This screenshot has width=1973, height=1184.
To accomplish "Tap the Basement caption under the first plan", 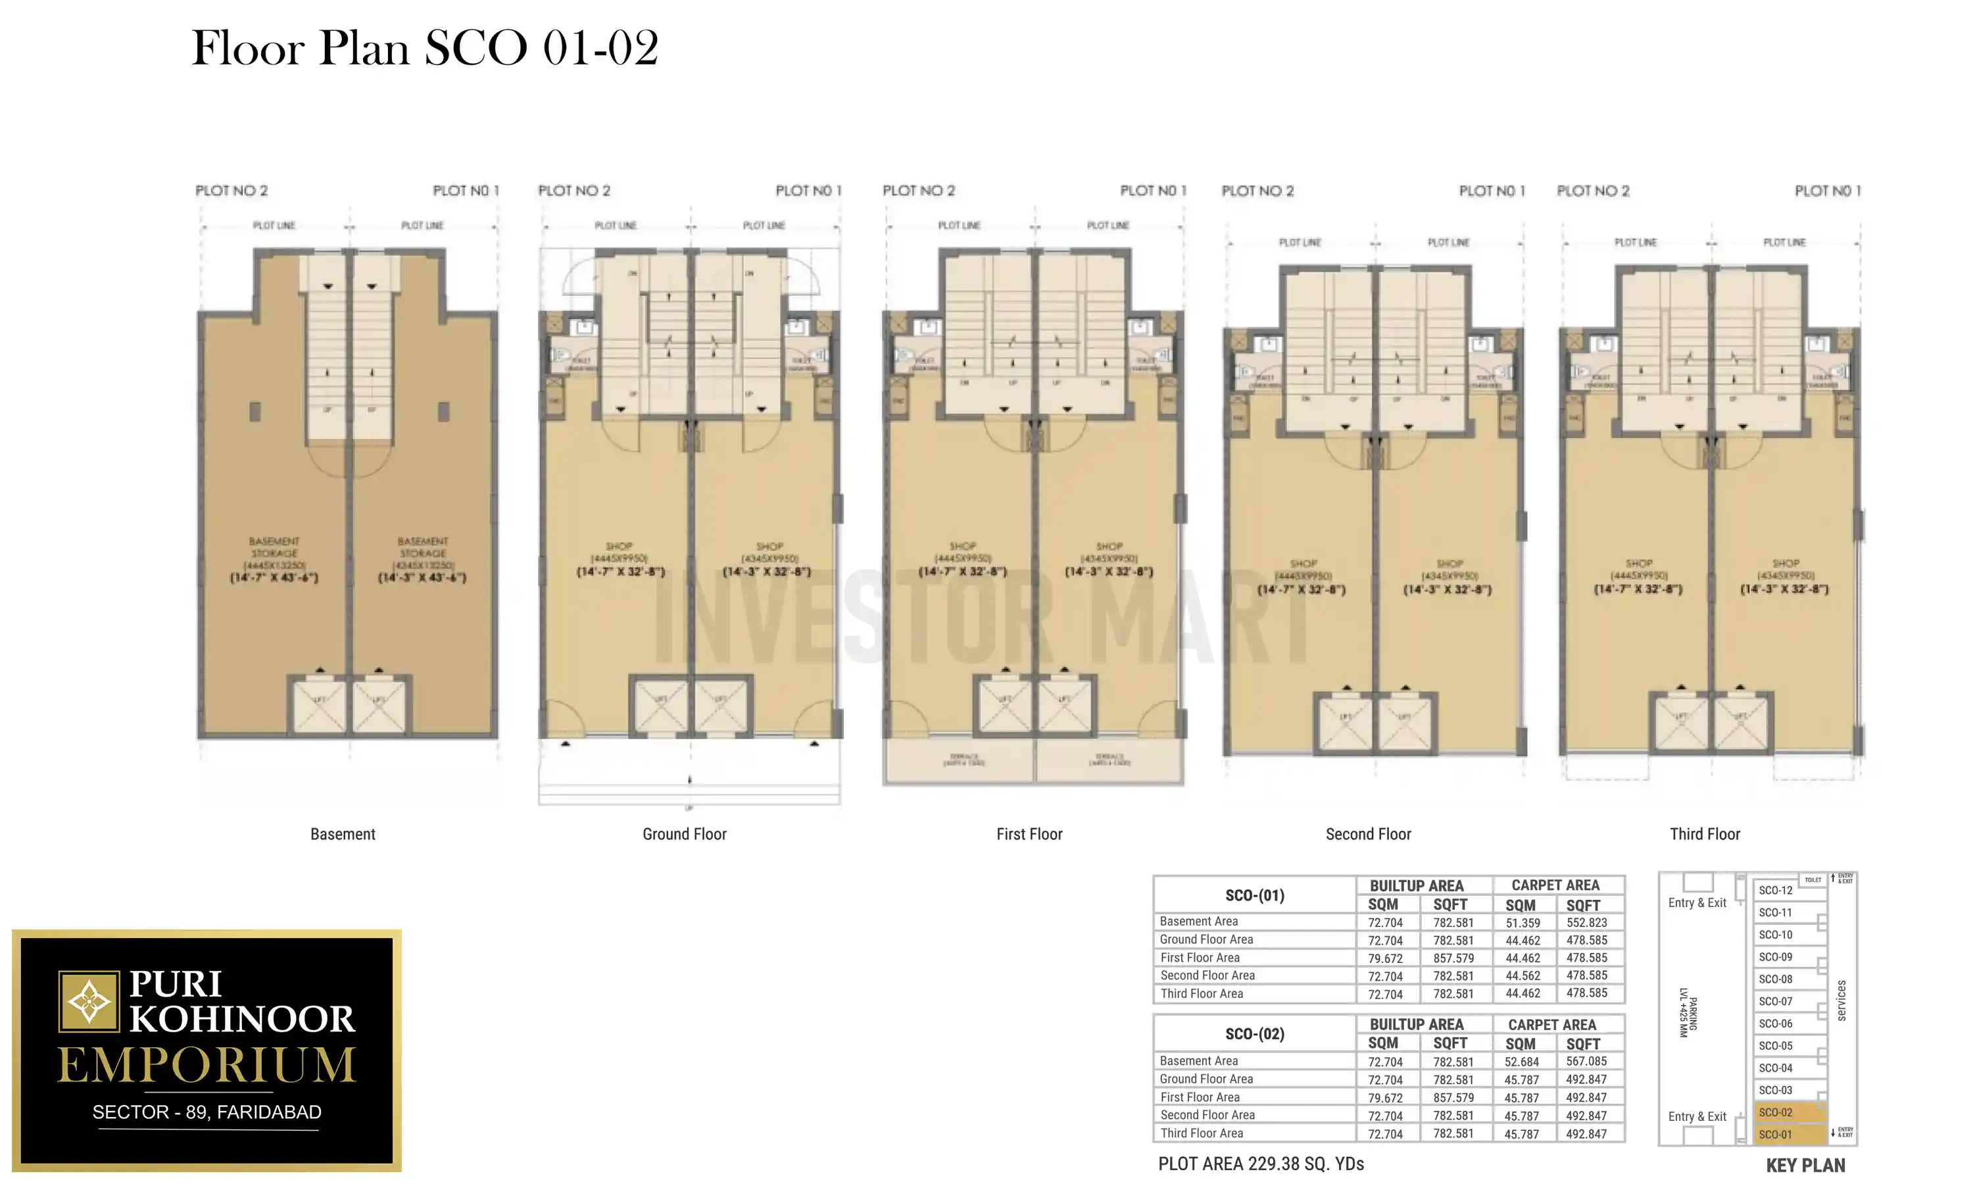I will (x=342, y=834).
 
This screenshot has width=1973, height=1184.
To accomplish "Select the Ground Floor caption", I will (x=684, y=834).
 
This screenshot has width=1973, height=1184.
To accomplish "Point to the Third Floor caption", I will (x=1704, y=834).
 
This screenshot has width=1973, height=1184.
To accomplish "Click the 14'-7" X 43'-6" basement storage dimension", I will (x=274, y=577).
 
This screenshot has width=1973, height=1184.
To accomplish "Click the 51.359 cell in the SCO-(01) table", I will (x=1522, y=922).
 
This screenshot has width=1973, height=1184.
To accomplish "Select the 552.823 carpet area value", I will (x=1586, y=922).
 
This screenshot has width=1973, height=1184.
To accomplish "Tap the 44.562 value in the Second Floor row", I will (x=1522, y=975).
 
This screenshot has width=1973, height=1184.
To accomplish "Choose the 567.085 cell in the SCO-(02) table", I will (x=1586, y=1061).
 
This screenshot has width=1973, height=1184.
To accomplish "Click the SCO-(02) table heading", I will (x=1254, y=1034).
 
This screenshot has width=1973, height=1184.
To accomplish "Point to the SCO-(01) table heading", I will (x=1254, y=895).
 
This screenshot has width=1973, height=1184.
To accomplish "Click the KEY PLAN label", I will (x=1805, y=1166).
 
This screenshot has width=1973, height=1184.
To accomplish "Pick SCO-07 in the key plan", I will (x=1775, y=1001).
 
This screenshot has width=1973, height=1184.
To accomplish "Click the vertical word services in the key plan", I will (x=1841, y=1000).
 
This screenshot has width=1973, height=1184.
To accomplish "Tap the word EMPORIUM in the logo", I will (x=207, y=1065).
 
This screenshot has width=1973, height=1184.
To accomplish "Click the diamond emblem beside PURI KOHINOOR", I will (x=89, y=1001).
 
